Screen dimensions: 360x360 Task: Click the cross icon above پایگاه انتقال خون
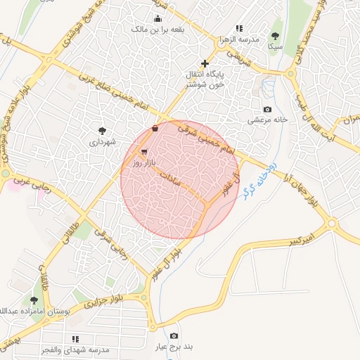tap(205, 64)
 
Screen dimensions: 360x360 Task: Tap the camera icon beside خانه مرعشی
tap(267, 109)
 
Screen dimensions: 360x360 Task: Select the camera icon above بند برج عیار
tap(174, 336)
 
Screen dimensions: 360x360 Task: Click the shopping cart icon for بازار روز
tap(144, 152)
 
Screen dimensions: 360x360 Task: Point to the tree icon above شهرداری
tap(103, 130)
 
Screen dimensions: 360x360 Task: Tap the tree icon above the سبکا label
tap(275, 36)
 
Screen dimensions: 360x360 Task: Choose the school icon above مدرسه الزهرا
tap(239, 28)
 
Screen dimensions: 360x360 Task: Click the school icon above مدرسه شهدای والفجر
tap(75, 339)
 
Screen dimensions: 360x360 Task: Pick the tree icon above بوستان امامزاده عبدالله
tap(34, 300)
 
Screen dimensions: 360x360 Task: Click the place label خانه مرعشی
tap(267, 120)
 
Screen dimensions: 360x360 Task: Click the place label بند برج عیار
tap(174, 347)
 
